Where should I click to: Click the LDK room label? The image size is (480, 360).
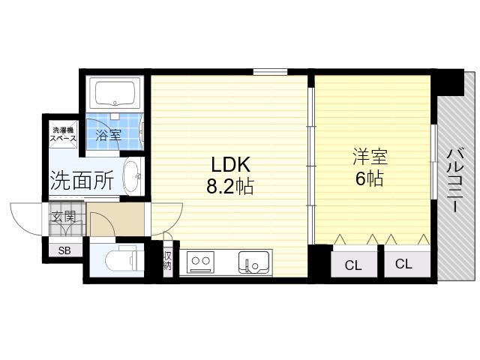pos(231,164)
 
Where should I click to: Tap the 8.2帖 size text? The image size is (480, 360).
pos(230,186)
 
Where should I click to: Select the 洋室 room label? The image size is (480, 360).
pos(370,157)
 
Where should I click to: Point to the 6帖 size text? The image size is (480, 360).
pos(369,178)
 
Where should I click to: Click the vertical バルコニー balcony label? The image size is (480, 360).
pos(455,179)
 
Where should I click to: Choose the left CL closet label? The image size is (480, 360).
pos(353,265)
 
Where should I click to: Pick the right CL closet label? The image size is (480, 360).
pos(403,263)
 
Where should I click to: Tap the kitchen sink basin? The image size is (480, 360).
pos(253,262)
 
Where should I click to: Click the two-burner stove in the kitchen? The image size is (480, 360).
pos(200,262)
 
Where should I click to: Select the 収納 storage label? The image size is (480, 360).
pos(167,260)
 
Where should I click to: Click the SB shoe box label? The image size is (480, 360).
pos(64,251)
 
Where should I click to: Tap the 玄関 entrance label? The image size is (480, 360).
pos(63,217)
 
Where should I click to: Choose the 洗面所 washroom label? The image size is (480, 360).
pos(82,180)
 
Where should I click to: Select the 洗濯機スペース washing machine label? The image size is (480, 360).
pos(63,134)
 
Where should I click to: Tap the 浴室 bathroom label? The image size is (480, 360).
pos(108,135)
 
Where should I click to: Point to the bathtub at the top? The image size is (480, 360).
pos(115,93)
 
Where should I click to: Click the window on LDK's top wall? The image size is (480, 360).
pos(270,72)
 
